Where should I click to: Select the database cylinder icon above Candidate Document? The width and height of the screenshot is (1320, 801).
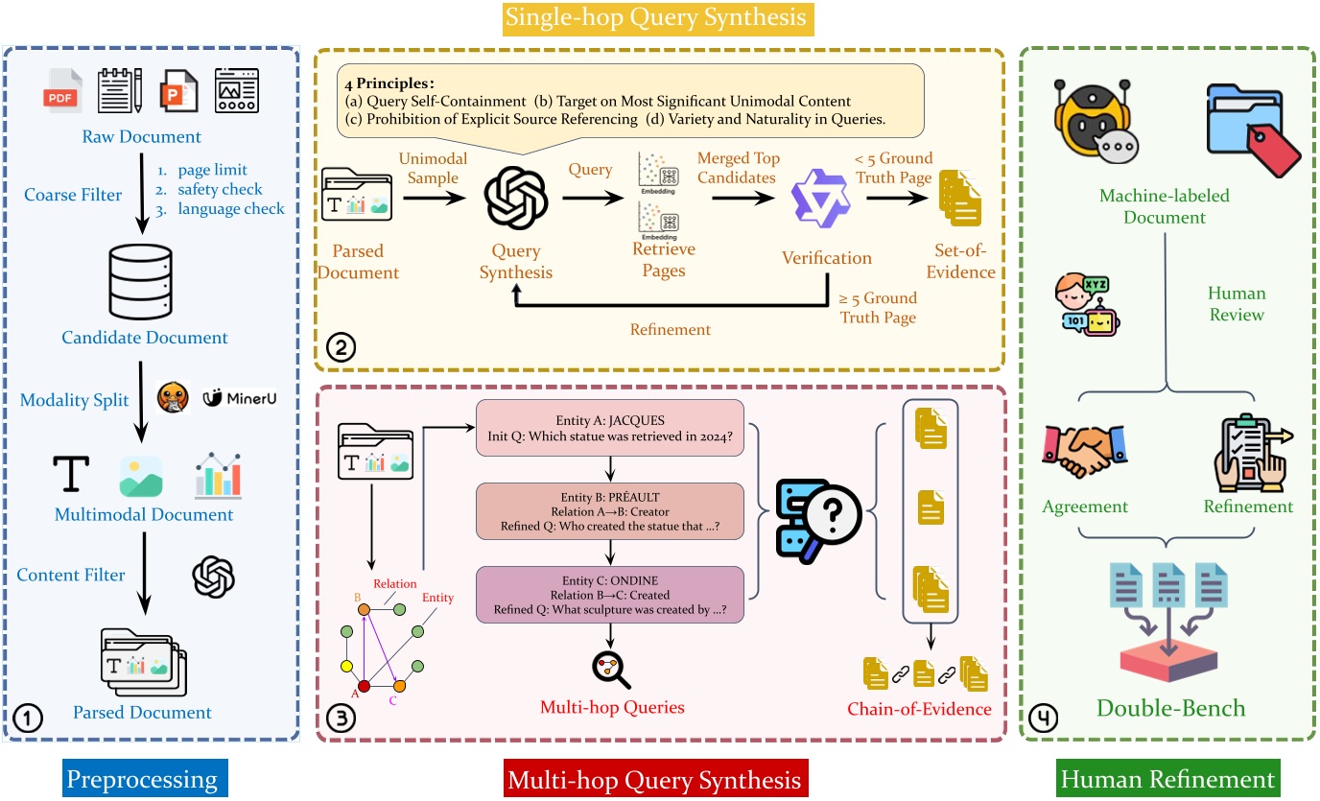142,281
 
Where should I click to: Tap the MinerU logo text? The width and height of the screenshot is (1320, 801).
240,396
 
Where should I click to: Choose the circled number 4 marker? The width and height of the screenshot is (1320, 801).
1041,716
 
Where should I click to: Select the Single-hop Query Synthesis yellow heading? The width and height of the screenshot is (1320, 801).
660,17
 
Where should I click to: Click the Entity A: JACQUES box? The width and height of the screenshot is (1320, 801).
610,428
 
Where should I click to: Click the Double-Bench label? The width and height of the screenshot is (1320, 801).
1170,708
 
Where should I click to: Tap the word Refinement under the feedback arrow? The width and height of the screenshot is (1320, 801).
671,329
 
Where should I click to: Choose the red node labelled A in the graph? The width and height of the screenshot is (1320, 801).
365,685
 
